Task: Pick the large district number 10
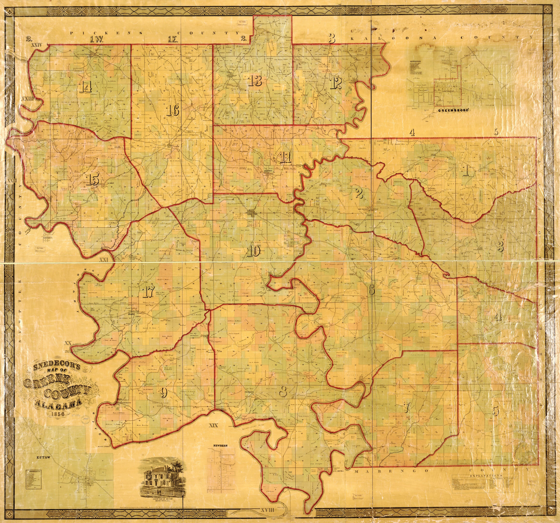(x=253, y=251)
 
